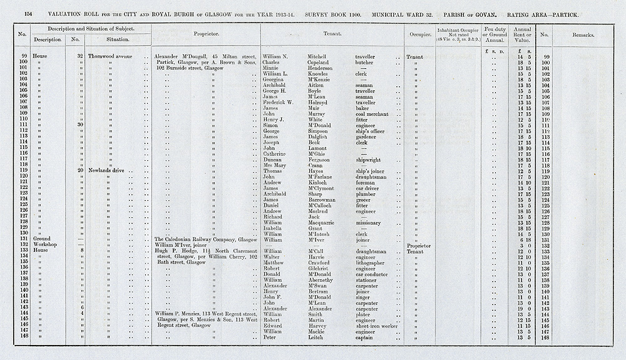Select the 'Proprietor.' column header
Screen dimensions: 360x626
[205, 36]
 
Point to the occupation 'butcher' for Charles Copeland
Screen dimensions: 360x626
[363, 63]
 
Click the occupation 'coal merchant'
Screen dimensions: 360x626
[372, 114]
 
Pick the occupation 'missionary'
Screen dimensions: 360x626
[368, 222]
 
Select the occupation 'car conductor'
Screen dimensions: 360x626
[373, 274]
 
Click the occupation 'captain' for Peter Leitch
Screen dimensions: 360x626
[364, 337]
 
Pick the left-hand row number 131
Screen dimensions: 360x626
[24, 239]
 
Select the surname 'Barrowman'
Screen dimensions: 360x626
[324, 200]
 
